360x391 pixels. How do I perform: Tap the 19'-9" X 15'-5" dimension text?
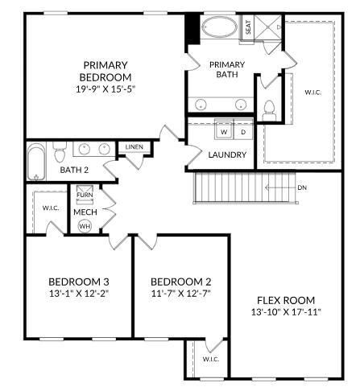click(106, 89)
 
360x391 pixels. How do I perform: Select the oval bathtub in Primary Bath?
click(219, 27)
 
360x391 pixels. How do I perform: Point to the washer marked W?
click(225, 131)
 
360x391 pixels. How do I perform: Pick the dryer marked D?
click(242, 131)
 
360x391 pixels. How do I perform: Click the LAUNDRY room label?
click(226, 154)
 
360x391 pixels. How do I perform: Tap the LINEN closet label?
click(134, 147)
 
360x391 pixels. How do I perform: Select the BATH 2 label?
click(75, 170)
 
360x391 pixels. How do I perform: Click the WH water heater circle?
click(85, 226)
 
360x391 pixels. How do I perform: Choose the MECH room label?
click(85, 212)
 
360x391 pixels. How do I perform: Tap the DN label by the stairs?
click(302, 188)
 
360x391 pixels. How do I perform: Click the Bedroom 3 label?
click(78, 282)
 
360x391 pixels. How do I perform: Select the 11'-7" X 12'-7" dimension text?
click(181, 293)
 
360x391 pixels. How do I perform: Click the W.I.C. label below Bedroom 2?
click(210, 359)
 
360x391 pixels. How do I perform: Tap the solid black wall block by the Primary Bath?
click(192, 31)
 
